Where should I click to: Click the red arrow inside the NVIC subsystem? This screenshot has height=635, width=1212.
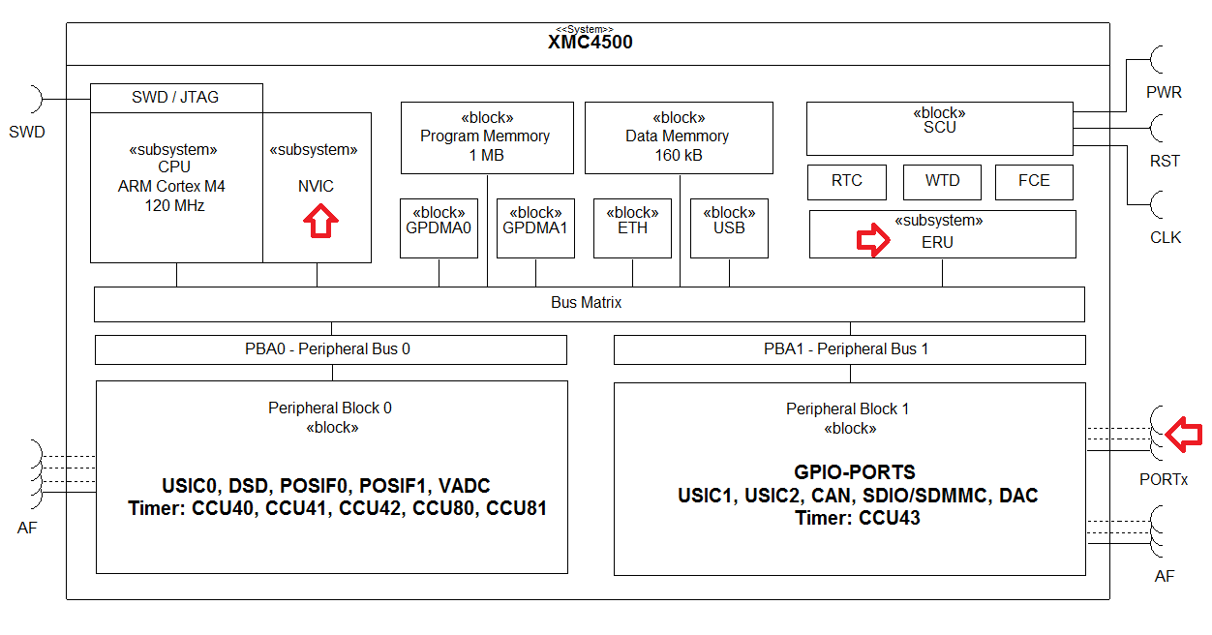tap(320, 223)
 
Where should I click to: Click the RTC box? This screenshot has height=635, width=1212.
tap(847, 181)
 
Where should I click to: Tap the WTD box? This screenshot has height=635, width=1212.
tap(942, 181)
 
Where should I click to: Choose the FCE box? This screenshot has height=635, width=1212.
tap(1034, 181)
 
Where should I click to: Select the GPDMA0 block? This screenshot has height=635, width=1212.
tap(439, 228)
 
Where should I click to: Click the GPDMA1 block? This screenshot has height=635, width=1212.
tap(535, 228)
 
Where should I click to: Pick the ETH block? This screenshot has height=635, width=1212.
tap(632, 228)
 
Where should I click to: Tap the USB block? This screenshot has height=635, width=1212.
tap(729, 228)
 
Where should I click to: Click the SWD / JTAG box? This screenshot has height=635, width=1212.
tap(175, 98)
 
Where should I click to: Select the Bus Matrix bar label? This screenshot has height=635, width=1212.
tap(587, 303)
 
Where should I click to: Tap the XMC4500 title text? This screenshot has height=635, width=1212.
tap(591, 43)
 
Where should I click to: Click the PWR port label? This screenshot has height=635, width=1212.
tap(1164, 93)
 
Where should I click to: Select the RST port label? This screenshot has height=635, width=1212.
tap(1165, 161)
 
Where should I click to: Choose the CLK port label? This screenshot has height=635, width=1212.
tap(1166, 237)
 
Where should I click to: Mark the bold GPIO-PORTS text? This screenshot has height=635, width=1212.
tap(855, 473)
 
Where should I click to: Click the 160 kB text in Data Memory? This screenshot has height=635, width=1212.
tap(678, 155)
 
